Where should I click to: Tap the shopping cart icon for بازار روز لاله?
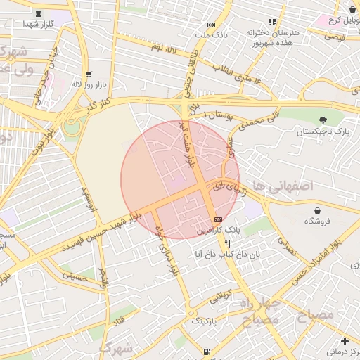pyautogui.click(x=88, y=74)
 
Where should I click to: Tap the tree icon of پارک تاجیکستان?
pyautogui.click(x=323, y=121)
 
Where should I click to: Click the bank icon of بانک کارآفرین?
pyautogui.click(x=219, y=219)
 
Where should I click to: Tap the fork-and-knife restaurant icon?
pyautogui.click(x=226, y=243)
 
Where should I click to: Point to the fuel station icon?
pyautogui.click(x=205, y=351)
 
